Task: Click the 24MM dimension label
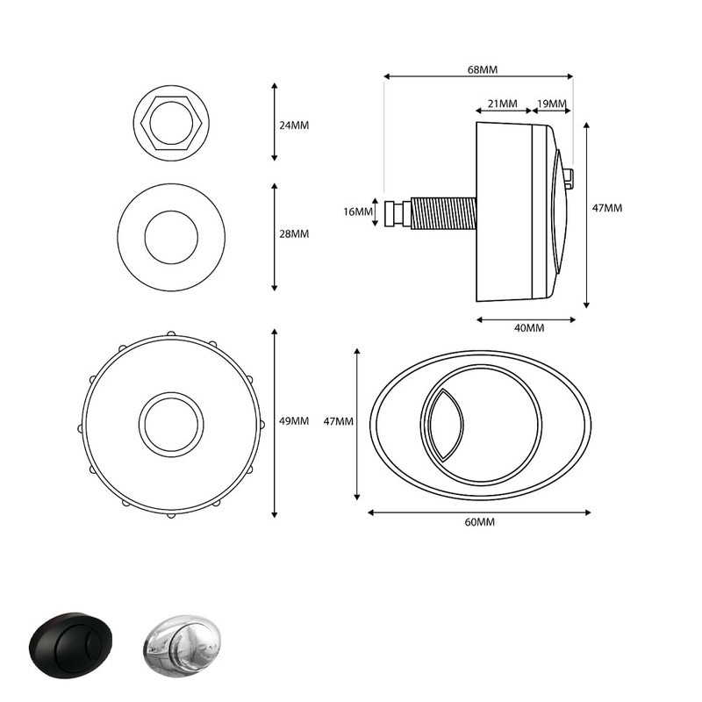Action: [293, 125]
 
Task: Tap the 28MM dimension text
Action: [293, 234]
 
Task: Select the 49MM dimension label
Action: [293, 421]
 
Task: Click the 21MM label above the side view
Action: [502, 104]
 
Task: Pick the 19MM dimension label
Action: [551, 104]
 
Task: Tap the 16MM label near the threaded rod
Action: [357, 211]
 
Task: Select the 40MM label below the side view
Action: [528, 328]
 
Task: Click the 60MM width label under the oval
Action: [480, 522]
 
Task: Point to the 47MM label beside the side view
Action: [607, 209]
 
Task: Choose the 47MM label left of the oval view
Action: [339, 421]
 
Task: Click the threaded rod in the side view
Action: [443, 213]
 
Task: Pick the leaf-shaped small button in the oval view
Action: [443, 424]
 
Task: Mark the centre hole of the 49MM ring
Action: [171, 425]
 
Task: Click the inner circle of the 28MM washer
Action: [171, 237]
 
